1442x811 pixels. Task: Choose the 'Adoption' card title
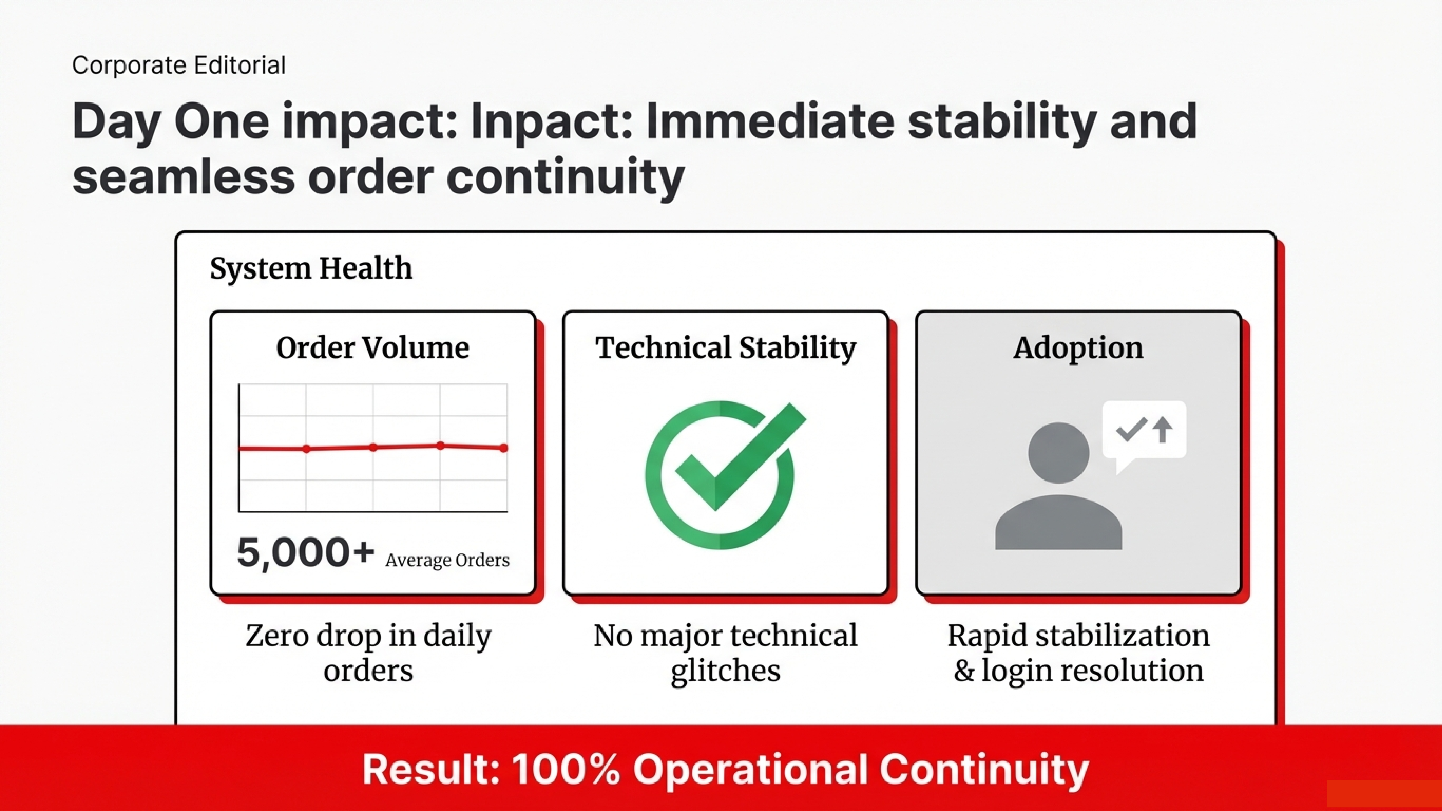pyautogui.click(x=1078, y=348)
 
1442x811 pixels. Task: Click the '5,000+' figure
pyautogui.click(x=305, y=553)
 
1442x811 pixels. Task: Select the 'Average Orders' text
pyautogui.click(x=447, y=560)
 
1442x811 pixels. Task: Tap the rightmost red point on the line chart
pyautogui.click(x=504, y=448)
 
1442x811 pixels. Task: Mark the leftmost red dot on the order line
pyautogui.click(x=306, y=449)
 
